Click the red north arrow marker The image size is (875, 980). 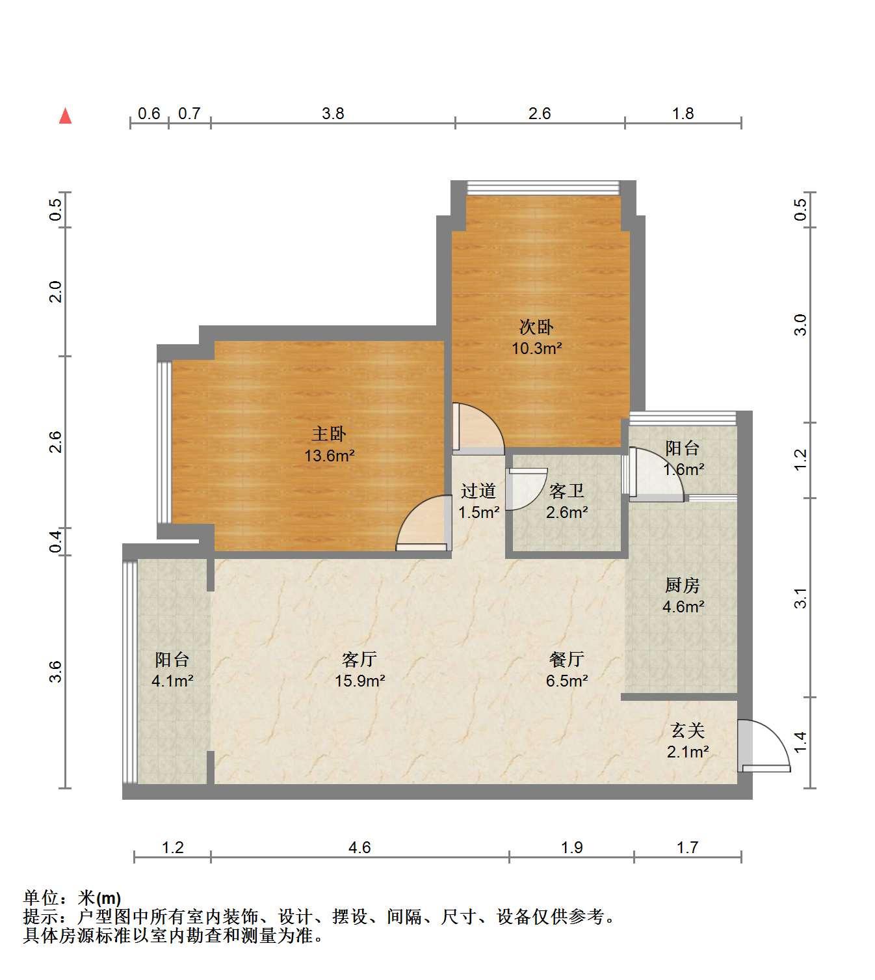65,116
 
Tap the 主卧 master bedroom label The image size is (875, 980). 329,434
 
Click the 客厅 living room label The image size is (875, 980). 359,659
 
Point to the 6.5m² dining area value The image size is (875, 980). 567,681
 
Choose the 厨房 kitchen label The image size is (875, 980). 682,585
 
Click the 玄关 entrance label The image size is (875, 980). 688,730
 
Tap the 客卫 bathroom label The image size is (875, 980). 567,491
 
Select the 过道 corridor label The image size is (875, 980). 478,491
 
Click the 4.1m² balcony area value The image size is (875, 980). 172,681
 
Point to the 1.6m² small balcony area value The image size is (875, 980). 684,470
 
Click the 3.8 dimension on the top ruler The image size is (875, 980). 333,114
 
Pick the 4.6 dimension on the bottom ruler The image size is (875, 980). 359,847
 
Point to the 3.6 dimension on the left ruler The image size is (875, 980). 56,672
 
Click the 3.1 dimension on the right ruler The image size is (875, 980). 801,598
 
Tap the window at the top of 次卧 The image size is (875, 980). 543,187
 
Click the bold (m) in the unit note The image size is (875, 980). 108,899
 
